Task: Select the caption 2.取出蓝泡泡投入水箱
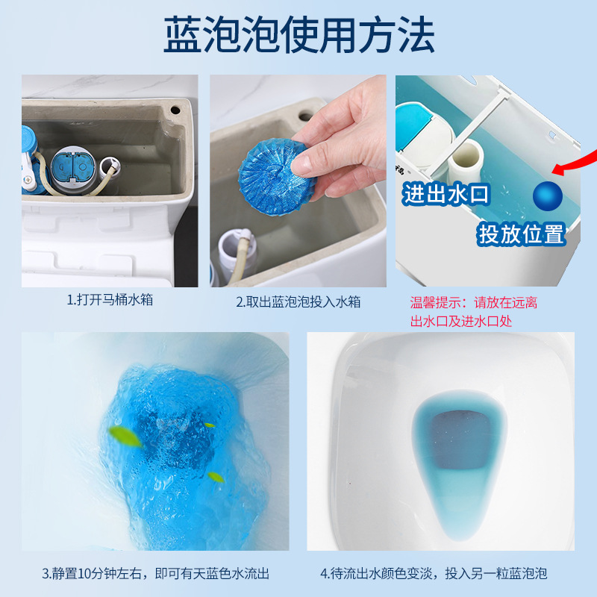(298, 301)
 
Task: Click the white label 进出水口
(446, 196)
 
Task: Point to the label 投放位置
(522, 234)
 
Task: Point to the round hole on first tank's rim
(176, 109)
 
